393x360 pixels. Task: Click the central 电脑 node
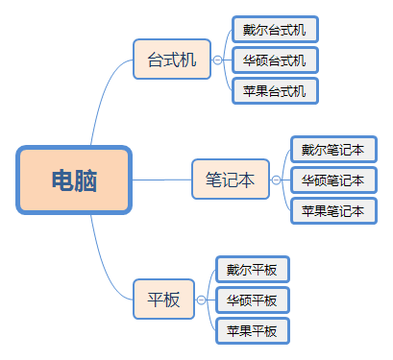pyautogui.click(x=73, y=180)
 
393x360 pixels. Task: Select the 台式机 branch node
pyautogui.click(x=172, y=60)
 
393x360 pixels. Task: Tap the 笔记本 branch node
pyautogui.click(x=231, y=179)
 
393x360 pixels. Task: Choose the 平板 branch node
pyautogui.click(x=163, y=299)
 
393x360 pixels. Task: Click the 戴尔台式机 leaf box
pyautogui.click(x=275, y=30)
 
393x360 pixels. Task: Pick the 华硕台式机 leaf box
pyautogui.click(x=275, y=60)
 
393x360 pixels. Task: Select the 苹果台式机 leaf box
pyautogui.click(x=275, y=91)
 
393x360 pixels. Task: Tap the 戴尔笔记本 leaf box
pyautogui.click(x=332, y=150)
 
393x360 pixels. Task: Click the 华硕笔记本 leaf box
pyautogui.click(x=332, y=180)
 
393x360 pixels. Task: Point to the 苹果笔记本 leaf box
pyautogui.click(x=332, y=210)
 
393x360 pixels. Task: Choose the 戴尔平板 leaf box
pyautogui.click(x=252, y=270)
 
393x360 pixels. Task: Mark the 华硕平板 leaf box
pyautogui.click(x=252, y=300)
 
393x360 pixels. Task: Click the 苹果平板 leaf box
pyautogui.click(x=252, y=331)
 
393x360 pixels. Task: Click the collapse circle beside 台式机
pyautogui.click(x=217, y=60)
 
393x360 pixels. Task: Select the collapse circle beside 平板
pyautogui.click(x=201, y=300)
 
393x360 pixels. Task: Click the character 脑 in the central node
pyautogui.click(x=86, y=180)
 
